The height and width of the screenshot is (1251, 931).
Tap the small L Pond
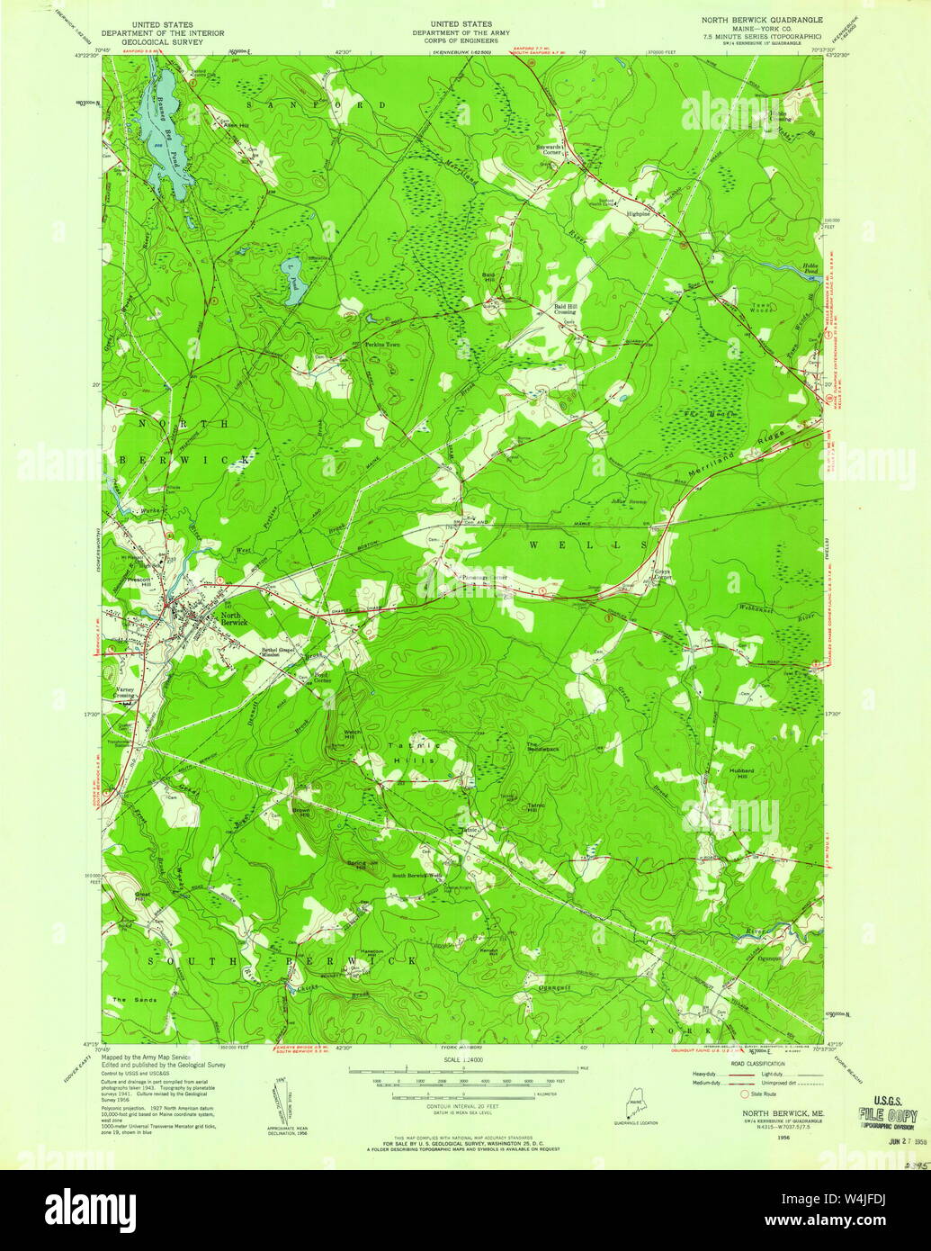(294, 281)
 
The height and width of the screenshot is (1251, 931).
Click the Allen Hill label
(236, 125)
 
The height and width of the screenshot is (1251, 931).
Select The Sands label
(134, 1000)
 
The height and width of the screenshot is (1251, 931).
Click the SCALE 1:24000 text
(461, 1061)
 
